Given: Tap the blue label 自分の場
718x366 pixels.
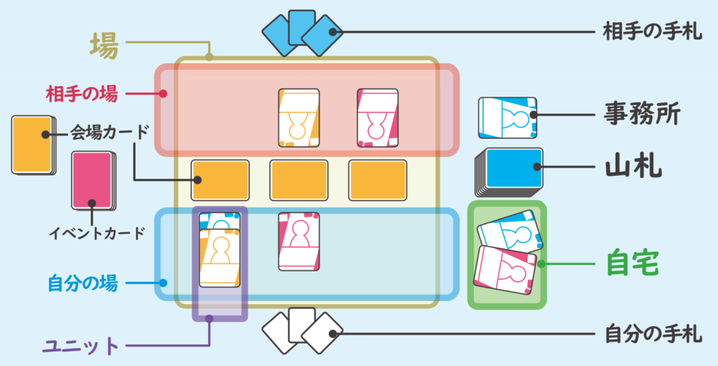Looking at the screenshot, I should pos(82,284).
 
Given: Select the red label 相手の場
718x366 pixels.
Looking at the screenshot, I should pos(82,93).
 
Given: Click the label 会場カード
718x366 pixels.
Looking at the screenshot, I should pos(109,132).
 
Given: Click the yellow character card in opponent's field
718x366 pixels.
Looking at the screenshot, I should pos(299,117).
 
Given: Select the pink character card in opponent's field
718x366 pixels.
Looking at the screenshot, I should pos(377,117).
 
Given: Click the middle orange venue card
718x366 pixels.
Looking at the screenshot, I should pos(299,179).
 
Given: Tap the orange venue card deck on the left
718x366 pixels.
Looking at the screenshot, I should pos(32,144).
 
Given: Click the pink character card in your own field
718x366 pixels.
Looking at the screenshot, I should pos(299,240).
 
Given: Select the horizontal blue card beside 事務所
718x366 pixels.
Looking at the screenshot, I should pos(507,116).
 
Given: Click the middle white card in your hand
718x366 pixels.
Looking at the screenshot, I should pos(302,325).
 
